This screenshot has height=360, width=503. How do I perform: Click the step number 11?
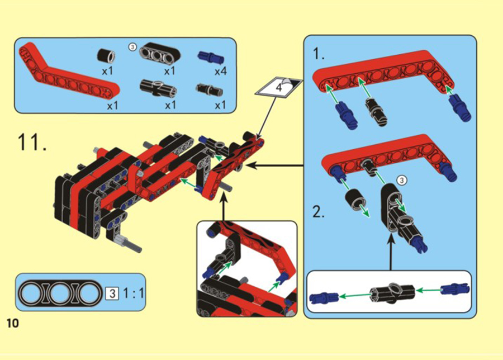coord(32,142)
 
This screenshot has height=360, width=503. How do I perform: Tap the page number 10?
coord(13,324)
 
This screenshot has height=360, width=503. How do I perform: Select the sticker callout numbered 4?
coord(279,86)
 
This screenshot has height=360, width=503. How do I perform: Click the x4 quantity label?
coord(221,71)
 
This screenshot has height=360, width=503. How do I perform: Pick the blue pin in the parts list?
coord(211,58)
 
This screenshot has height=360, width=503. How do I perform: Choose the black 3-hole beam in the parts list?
coord(159,54)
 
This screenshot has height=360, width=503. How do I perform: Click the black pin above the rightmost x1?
coord(209,89)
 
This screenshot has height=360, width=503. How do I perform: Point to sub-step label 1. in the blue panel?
coord(319,54)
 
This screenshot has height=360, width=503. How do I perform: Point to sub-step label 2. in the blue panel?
coord(319,212)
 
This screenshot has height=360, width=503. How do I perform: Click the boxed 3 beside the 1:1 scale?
coord(112,293)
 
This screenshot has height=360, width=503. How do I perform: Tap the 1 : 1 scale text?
coord(134,293)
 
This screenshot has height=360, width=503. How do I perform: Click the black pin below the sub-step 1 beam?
coord(377,111)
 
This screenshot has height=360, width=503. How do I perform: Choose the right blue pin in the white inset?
coord(454,289)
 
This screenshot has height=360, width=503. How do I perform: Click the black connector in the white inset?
coord(392,292)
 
